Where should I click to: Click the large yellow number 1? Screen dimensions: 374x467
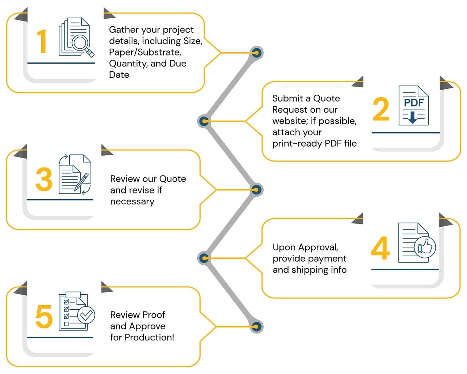pyautogui.click(x=42, y=41)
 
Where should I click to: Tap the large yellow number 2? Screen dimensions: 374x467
pyautogui.click(x=381, y=109)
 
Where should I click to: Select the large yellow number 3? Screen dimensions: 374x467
pyautogui.click(x=44, y=179)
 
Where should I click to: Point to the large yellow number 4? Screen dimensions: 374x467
pyautogui.click(x=380, y=248)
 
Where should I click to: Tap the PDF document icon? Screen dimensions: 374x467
pyautogui.click(x=413, y=106)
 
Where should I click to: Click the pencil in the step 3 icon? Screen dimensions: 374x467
pyautogui.click(x=82, y=181)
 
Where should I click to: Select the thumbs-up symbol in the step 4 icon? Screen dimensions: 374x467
pyautogui.click(x=425, y=247)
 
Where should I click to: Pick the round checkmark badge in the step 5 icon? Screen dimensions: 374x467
pyautogui.click(x=86, y=314)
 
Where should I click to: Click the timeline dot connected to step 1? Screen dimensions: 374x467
pyautogui.click(x=257, y=53)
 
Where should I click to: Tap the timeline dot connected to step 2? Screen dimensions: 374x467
pyautogui.click(x=204, y=121)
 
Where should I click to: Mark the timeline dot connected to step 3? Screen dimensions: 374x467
pyautogui.click(x=257, y=190)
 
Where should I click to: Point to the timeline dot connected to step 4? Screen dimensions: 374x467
pyautogui.click(x=204, y=258)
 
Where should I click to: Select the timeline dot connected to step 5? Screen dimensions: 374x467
pyautogui.click(x=257, y=326)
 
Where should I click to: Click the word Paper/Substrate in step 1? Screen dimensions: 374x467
pyautogui.click(x=144, y=52)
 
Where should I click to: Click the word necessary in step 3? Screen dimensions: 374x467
pyautogui.click(x=132, y=201)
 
